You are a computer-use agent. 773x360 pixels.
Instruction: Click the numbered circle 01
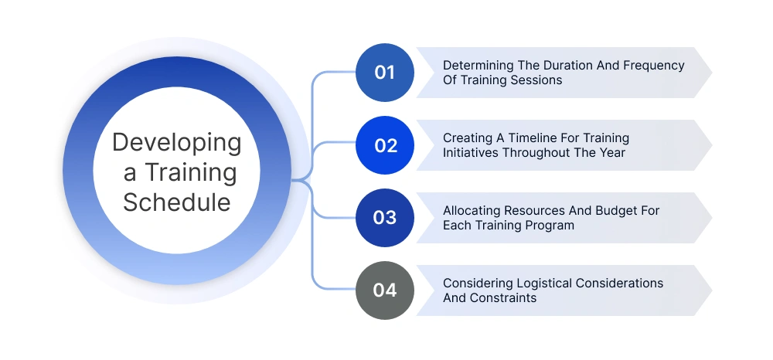(384, 73)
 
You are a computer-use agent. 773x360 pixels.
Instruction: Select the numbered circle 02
(384, 145)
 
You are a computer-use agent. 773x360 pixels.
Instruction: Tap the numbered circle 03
(384, 217)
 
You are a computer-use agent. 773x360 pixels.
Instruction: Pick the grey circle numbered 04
(384, 290)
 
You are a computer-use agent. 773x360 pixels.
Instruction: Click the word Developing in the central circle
(177, 144)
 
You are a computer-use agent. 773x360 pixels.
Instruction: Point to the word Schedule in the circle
(177, 202)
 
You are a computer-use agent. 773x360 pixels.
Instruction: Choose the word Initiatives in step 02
(471, 152)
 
